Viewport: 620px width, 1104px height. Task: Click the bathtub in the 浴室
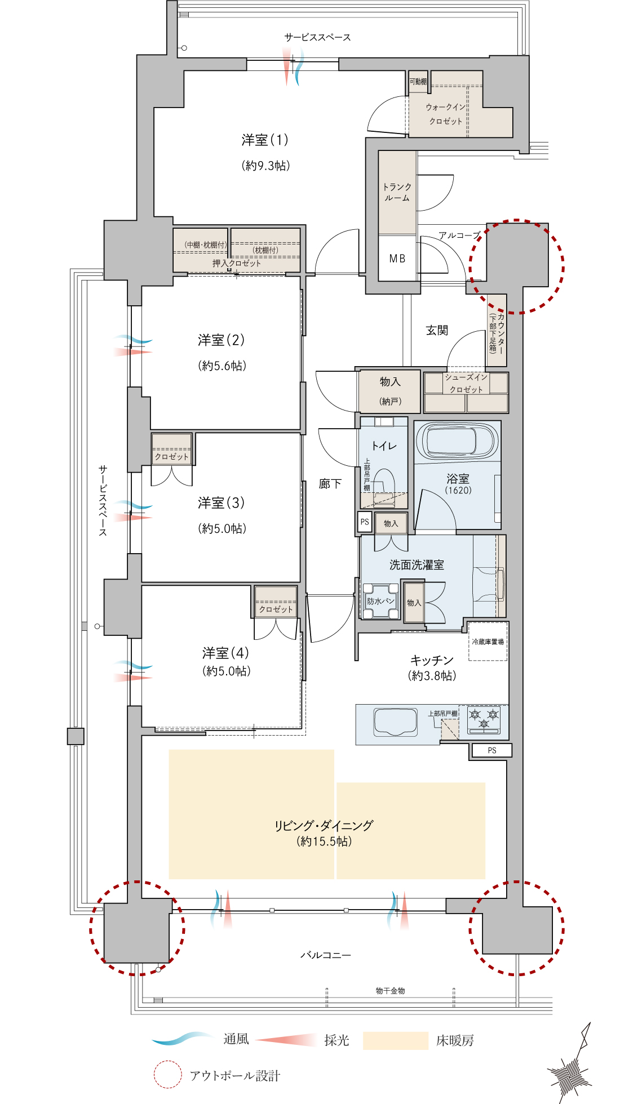pos(457,441)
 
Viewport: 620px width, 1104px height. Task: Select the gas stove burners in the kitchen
pos(484,720)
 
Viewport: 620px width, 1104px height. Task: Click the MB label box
pos(397,258)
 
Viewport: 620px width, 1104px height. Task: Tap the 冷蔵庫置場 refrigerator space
pos(488,641)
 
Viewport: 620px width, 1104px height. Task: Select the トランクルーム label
pos(397,192)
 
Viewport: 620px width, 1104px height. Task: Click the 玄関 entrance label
pos(437,330)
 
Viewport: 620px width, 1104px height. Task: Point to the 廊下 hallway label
pos(330,483)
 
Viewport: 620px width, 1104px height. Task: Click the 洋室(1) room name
pos(265,140)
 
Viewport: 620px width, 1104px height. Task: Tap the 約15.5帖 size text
pos(324,842)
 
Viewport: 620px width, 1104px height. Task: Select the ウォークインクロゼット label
pos(446,114)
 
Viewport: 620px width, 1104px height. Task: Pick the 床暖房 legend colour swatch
pos(395,1040)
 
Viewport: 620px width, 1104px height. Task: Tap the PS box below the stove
pos(492,750)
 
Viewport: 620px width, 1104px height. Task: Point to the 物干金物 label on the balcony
pos(391,990)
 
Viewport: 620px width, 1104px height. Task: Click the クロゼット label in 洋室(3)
pos(172,457)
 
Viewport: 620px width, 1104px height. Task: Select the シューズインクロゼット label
pos(466,383)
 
